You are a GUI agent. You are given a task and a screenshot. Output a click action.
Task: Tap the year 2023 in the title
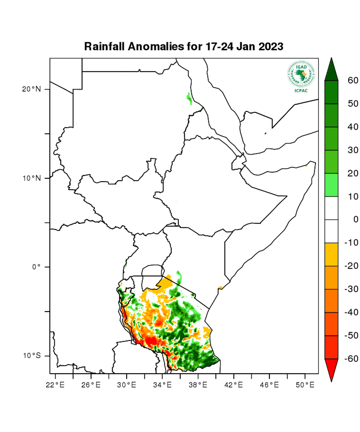(268, 47)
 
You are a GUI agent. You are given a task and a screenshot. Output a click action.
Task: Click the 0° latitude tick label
(36, 267)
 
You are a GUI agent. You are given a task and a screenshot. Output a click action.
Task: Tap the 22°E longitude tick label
(55, 384)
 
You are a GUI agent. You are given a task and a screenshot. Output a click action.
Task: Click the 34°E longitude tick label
(162, 384)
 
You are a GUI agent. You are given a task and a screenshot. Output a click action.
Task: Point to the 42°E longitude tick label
(234, 384)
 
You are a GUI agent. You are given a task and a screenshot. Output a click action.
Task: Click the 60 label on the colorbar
(353, 80)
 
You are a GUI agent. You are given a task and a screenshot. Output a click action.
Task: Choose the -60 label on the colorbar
(351, 359)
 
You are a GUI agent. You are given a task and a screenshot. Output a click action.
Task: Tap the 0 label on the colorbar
(355, 219)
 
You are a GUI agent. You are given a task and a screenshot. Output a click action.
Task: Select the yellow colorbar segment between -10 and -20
(331, 254)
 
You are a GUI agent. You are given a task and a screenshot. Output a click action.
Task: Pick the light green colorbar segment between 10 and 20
(331, 185)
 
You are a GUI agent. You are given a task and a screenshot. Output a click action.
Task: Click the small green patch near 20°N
(189, 98)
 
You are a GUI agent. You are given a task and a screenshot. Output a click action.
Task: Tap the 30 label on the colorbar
(353, 150)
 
